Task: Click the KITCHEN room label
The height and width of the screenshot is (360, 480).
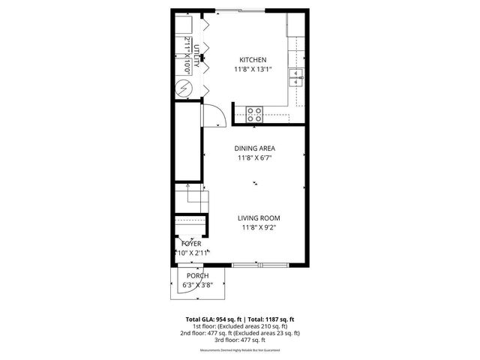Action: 252,60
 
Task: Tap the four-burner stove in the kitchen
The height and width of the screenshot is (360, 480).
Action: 254,115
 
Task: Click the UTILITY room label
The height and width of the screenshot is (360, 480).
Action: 197,57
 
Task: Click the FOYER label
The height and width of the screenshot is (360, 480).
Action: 191,244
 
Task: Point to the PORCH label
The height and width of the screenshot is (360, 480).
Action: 198,276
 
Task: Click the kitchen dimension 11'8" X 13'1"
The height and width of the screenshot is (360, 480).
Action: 252,70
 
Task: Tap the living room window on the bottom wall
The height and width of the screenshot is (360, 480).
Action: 260,265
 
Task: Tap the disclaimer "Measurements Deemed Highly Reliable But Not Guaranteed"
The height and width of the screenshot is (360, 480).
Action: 240,350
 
